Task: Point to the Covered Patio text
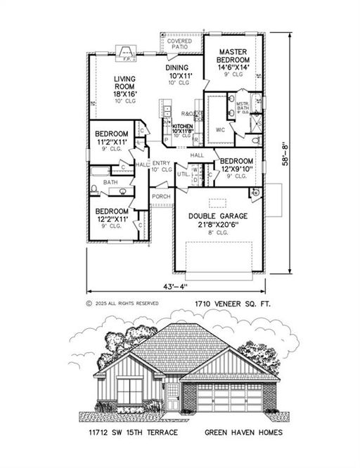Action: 182,43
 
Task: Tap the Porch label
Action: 161,196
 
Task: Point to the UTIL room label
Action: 181,174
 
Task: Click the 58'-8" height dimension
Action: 285,152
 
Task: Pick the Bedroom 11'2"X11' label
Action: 112,138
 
